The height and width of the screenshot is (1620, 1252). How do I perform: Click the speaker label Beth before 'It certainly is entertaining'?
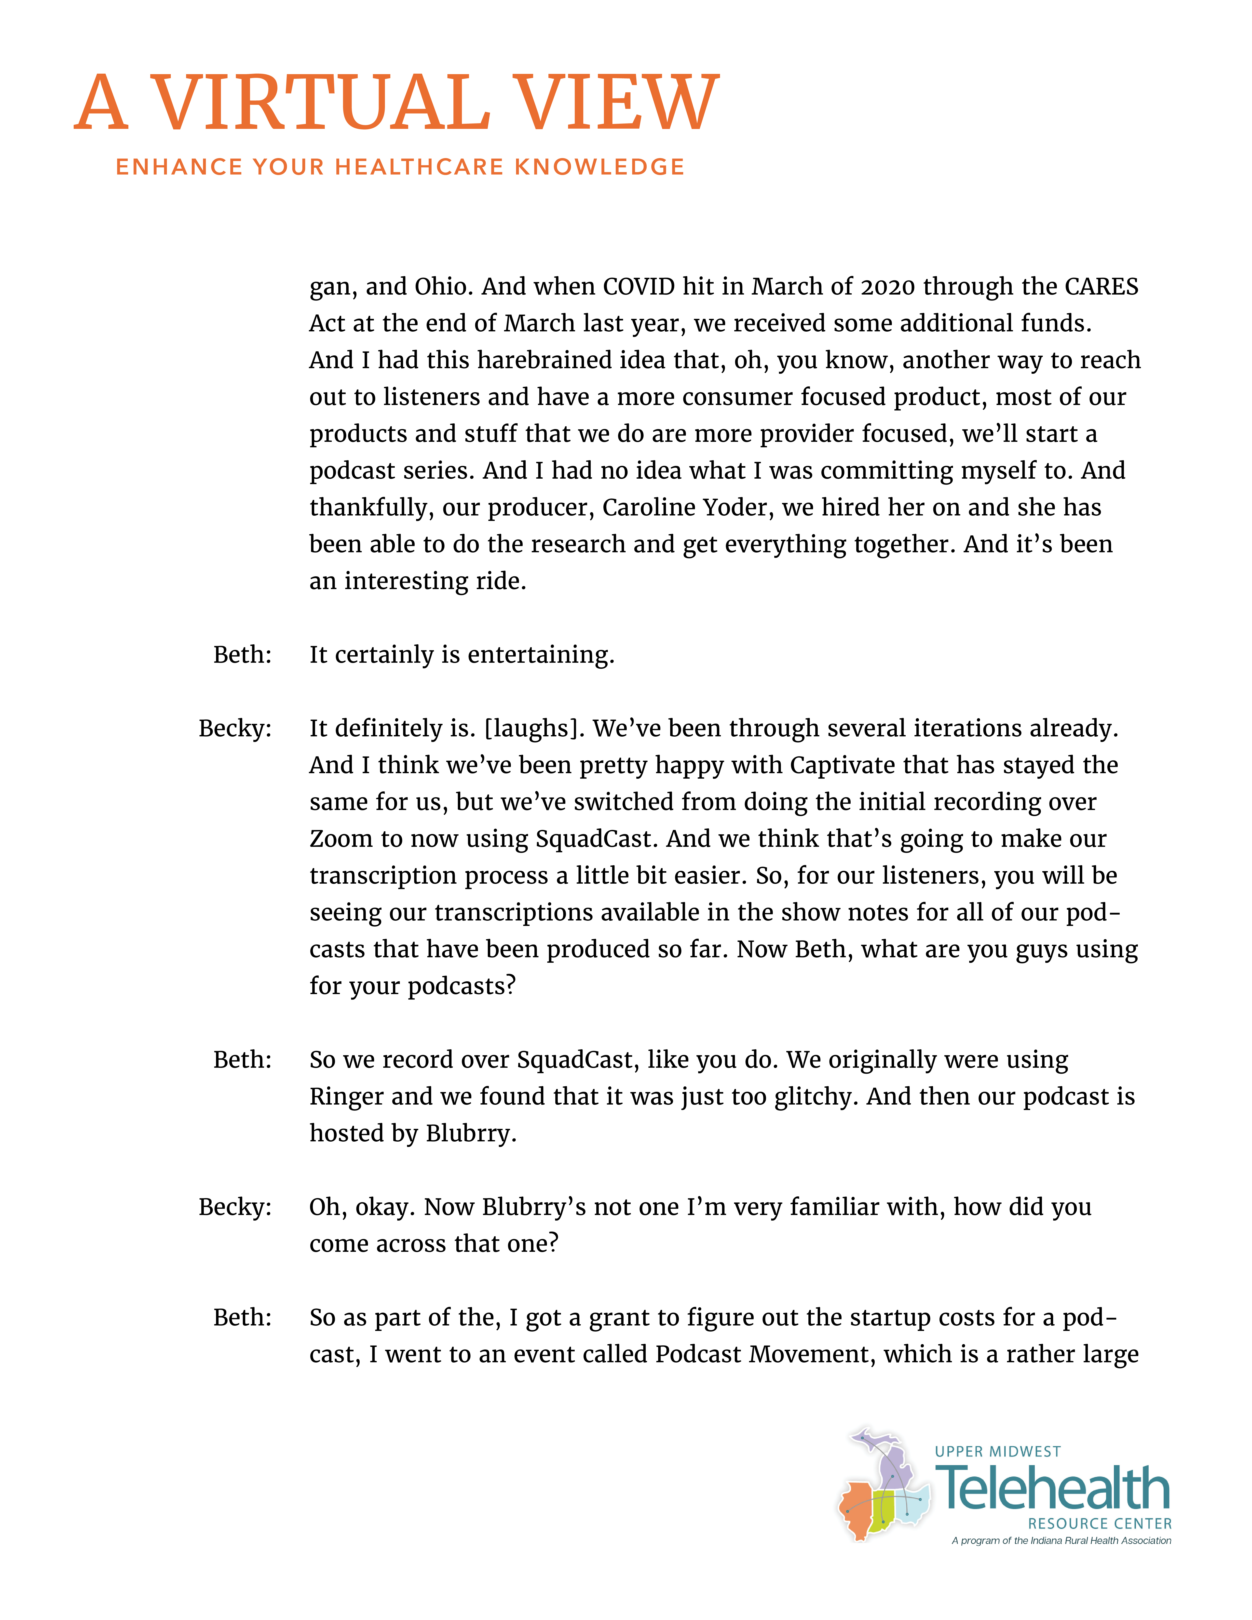(x=243, y=654)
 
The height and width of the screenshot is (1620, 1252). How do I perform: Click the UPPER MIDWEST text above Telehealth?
(x=998, y=1452)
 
